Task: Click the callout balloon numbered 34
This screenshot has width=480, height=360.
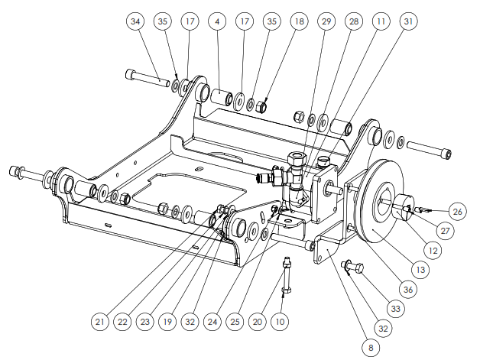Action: click(135, 21)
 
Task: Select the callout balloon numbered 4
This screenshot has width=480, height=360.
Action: click(217, 21)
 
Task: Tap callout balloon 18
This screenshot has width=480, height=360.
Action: click(299, 21)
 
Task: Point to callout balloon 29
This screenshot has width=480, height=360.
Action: click(326, 21)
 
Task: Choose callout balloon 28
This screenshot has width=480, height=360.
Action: click(354, 21)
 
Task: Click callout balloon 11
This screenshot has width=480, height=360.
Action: click(381, 21)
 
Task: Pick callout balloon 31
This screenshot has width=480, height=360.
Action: click(408, 21)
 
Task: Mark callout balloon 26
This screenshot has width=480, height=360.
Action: click(457, 212)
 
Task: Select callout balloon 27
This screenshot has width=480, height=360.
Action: click(445, 231)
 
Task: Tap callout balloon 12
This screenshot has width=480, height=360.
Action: click(433, 251)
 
